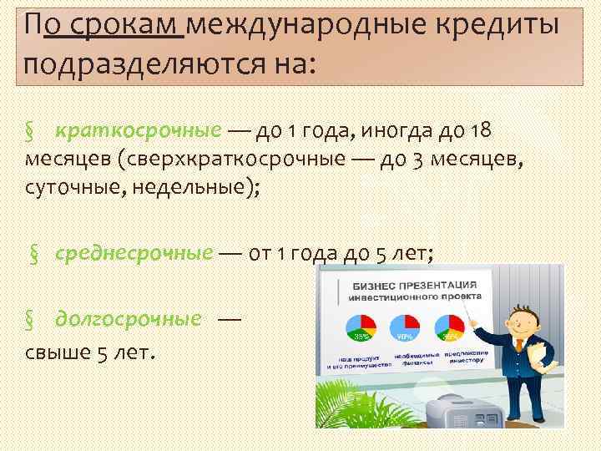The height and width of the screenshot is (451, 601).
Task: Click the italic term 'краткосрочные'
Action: click(138, 131)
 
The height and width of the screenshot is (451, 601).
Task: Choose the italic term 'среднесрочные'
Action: click(134, 254)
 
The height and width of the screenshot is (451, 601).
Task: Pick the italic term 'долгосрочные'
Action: click(129, 318)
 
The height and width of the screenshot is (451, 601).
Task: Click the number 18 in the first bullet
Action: click(483, 131)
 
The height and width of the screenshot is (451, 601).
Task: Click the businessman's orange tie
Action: click(519, 345)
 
